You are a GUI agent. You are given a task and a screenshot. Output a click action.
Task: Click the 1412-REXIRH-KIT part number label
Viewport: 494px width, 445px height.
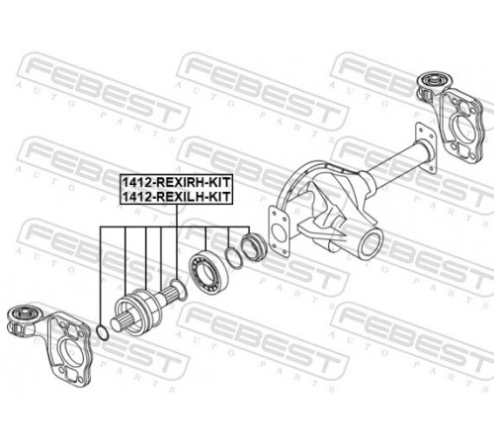(177, 182)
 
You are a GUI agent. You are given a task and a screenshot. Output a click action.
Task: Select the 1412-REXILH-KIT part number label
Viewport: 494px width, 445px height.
(177, 197)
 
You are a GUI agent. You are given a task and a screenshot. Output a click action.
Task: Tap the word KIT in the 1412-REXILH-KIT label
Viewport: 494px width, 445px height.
(220, 197)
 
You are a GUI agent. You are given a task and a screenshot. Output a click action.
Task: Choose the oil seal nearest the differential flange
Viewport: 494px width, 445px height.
(254, 247)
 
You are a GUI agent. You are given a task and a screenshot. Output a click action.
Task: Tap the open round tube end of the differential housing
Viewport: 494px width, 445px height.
(371, 244)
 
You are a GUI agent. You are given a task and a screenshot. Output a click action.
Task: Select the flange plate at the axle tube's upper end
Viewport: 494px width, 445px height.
(427, 147)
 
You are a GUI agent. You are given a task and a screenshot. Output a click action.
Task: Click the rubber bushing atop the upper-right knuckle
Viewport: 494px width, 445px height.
(432, 80)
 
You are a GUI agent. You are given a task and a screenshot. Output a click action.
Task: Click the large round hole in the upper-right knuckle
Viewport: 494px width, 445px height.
(463, 127)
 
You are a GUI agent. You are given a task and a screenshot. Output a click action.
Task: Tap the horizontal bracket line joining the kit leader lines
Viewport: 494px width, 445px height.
(175, 227)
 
